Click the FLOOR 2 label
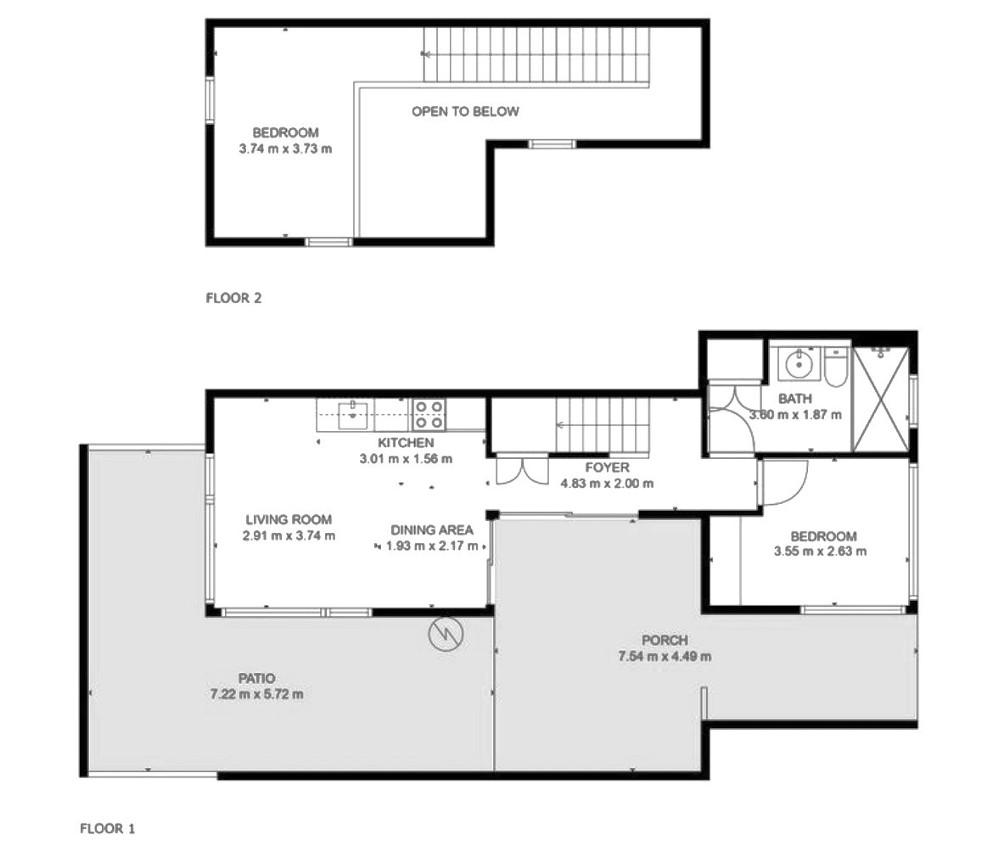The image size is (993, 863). click(233, 298)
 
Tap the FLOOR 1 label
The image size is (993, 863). click(108, 828)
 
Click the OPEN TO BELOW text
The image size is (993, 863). click(465, 111)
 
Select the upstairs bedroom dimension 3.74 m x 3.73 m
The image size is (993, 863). click(285, 149)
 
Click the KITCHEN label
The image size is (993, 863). click(406, 443)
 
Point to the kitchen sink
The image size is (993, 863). click(353, 415)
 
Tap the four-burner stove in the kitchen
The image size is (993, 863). click(429, 415)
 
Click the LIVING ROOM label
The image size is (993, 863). click(289, 520)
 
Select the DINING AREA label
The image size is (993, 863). click(432, 530)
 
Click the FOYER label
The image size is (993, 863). click(608, 468)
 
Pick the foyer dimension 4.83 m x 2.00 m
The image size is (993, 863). click(608, 484)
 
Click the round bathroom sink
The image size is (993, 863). click(799, 364)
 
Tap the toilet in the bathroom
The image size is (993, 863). click(836, 367)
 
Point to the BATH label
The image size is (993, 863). click(794, 399)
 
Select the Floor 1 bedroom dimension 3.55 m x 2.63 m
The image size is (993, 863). click(820, 551)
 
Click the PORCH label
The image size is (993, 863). click(665, 640)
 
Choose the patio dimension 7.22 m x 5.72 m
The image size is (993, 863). click(256, 694)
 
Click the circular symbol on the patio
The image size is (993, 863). click(446, 634)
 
